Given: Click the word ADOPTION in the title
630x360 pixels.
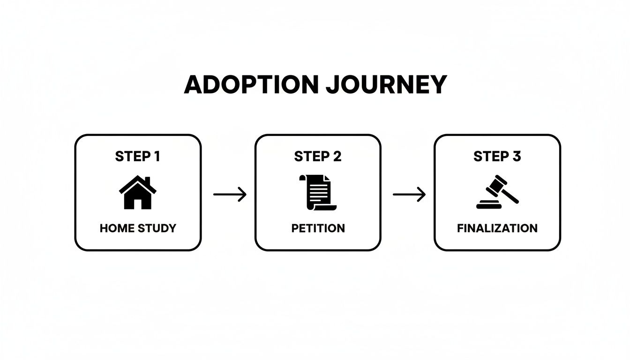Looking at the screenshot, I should click(246, 85).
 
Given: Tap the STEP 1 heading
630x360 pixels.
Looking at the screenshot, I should click(137, 157).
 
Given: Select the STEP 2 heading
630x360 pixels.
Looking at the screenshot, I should click(317, 157).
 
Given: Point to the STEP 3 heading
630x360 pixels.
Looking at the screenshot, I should click(497, 157).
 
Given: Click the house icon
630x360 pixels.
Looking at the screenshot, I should click(138, 193).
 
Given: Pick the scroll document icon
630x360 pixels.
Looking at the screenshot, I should click(317, 193).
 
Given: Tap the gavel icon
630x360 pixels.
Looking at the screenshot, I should click(497, 193).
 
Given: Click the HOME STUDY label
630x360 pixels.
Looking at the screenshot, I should click(138, 228).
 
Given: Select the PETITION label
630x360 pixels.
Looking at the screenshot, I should click(318, 228).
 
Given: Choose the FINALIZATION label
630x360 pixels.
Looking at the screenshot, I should click(497, 228).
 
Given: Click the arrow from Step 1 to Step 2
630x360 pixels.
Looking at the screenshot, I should click(230, 194).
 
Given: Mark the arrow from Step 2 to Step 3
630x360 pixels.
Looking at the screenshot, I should click(409, 194).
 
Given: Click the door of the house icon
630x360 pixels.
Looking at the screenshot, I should click(138, 204).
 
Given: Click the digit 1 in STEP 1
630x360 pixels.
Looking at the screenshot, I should click(157, 157).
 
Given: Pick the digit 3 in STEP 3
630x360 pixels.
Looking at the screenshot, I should click(516, 157).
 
